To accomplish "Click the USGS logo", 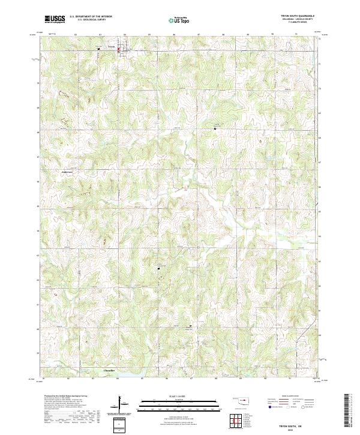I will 55,19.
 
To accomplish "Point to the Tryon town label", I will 110,46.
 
